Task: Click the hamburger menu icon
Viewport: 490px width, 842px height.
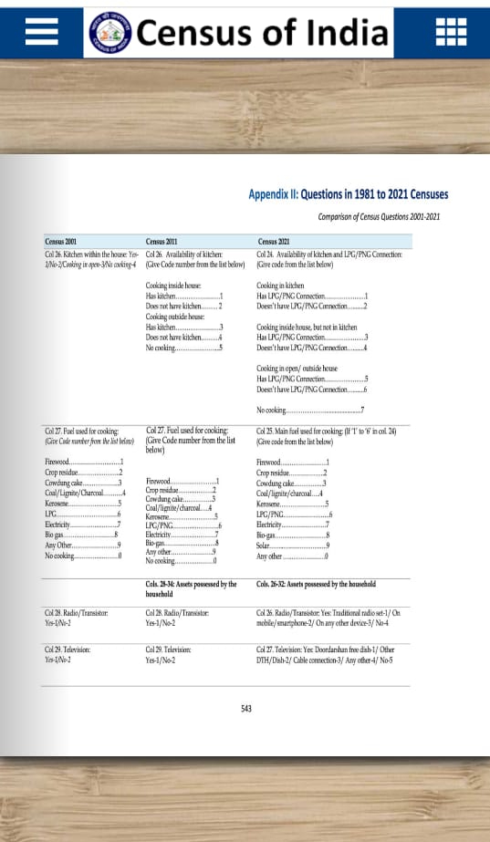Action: point(42,32)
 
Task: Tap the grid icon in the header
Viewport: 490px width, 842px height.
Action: point(450,32)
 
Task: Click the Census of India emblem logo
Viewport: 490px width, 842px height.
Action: point(109,33)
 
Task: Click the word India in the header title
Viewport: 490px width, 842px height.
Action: point(344,33)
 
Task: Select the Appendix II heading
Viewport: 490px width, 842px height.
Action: point(348,194)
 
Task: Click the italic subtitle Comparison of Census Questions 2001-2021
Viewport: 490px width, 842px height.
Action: point(379,216)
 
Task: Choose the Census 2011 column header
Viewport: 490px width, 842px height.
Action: point(162,241)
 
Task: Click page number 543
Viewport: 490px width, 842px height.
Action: point(245,709)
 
